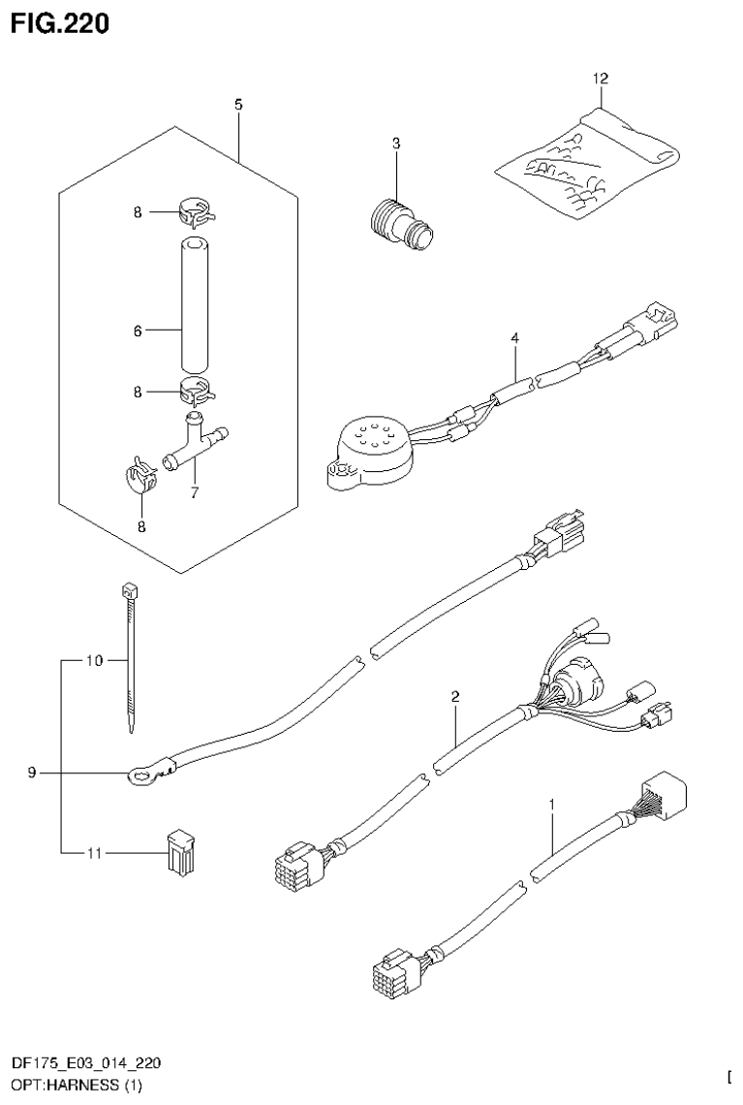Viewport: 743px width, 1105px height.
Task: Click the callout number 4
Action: point(515,337)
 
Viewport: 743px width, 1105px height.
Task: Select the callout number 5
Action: point(238,103)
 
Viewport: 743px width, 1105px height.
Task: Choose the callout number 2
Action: point(454,695)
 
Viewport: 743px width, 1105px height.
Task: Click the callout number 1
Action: point(552,804)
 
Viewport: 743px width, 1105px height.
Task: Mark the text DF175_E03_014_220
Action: point(79,1064)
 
